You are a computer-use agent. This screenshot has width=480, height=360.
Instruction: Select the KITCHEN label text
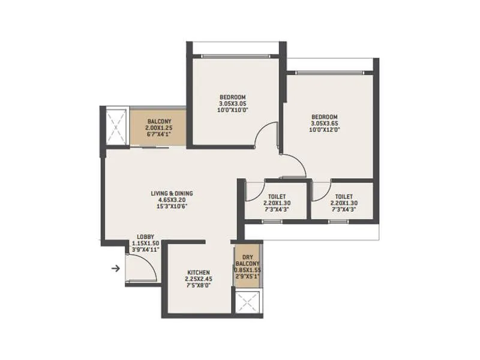click(x=198, y=272)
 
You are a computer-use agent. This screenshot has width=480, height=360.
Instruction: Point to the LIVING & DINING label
click(x=172, y=193)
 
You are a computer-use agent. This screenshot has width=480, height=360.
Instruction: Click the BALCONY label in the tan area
click(x=158, y=121)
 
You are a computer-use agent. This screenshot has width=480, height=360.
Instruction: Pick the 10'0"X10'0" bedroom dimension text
click(x=233, y=110)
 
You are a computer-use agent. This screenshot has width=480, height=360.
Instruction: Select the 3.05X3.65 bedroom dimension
click(x=324, y=124)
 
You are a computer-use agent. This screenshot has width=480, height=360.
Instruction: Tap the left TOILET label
click(x=277, y=196)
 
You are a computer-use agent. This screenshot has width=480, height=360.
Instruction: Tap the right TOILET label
click(x=343, y=196)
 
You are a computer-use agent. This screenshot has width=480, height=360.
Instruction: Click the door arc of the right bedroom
click(x=293, y=165)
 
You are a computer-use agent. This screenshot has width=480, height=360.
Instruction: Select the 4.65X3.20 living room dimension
click(x=172, y=200)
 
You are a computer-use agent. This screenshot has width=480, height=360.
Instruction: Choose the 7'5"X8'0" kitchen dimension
click(x=198, y=286)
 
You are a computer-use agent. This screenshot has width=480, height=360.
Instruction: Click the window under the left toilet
click(x=272, y=221)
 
